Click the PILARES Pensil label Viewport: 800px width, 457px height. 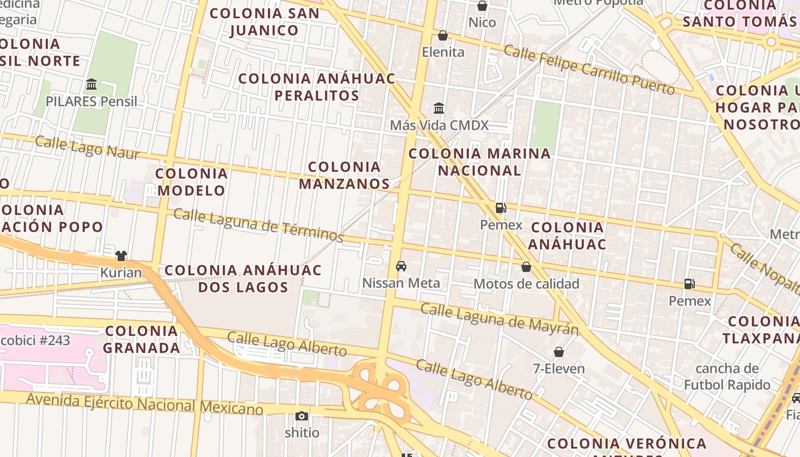tap(91, 102)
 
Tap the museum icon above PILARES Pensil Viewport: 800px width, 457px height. tap(91, 85)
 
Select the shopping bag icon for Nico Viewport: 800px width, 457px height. tap(482, 6)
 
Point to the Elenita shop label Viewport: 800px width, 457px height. tap(443, 52)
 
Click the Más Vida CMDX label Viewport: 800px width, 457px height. tap(439, 125)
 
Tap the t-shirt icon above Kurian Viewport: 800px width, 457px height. tap(121, 255)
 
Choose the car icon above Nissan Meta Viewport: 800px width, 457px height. tap(401, 266)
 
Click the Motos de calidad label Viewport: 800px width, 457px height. tap(526, 283)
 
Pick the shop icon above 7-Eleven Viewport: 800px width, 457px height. tap(559, 352)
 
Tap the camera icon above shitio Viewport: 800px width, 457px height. tap(302, 416)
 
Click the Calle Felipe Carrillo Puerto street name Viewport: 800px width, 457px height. tap(589, 70)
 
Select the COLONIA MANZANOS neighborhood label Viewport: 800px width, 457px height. tap(344, 175)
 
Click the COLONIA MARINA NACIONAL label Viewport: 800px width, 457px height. tap(479, 162)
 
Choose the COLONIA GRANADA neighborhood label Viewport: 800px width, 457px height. tap(142, 339)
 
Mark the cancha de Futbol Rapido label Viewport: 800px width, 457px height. tap(727, 376)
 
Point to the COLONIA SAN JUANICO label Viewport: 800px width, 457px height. tap(265, 22)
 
